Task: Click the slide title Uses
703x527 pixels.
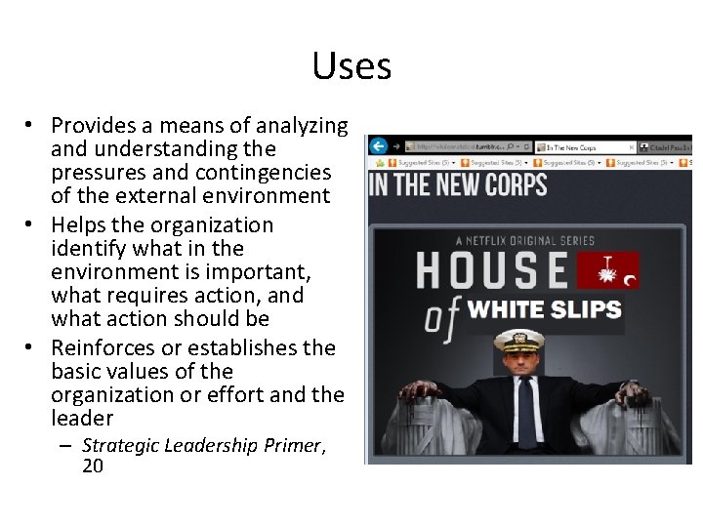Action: coord(351,66)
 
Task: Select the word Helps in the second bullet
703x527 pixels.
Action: coord(77,225)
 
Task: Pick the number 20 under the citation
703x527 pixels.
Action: coord(94,466)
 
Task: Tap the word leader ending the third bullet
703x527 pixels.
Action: coord(82,419)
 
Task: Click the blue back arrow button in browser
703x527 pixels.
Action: coord(379,145)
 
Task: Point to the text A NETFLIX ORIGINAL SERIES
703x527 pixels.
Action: coord(524,240)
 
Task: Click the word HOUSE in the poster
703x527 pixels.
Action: coord(491,270)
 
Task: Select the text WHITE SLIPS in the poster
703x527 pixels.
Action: coord(544,310)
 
